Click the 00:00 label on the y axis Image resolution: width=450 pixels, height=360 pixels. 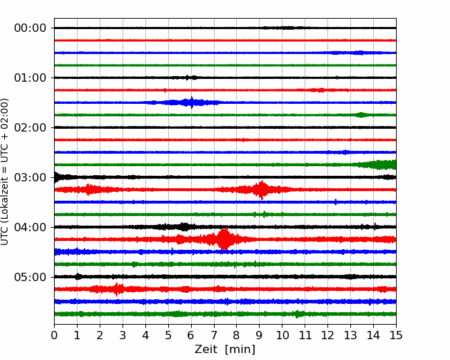point(30,28)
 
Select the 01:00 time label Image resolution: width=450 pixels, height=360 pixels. point(30,78)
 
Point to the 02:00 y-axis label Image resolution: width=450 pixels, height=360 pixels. point(30,127)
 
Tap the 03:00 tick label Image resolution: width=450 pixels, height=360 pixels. point(30,177)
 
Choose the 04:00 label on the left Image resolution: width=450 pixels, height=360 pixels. point(30,227)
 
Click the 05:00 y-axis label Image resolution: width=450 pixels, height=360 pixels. point(30,277)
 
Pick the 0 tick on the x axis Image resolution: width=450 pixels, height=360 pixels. point(54,335)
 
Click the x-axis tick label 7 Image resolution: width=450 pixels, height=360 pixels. point(213,335)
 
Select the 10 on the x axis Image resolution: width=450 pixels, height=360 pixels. point(282,335)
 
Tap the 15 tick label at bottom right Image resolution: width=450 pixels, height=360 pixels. point(396,335)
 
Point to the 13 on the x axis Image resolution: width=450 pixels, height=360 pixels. point(350,335)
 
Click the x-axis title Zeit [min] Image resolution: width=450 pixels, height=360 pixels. point(225,350)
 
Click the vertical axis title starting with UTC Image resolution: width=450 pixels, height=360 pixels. point(5,172)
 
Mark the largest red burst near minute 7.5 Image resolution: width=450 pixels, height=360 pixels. point(224,239)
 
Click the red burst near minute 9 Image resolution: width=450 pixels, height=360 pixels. point(261,190)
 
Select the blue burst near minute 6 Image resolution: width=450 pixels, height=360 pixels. point(191,102)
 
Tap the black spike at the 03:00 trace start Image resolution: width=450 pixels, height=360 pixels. point(56,177)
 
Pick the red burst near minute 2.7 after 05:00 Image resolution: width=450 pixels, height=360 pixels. point(116,289)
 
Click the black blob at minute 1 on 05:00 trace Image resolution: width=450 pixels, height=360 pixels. point(78,276)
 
